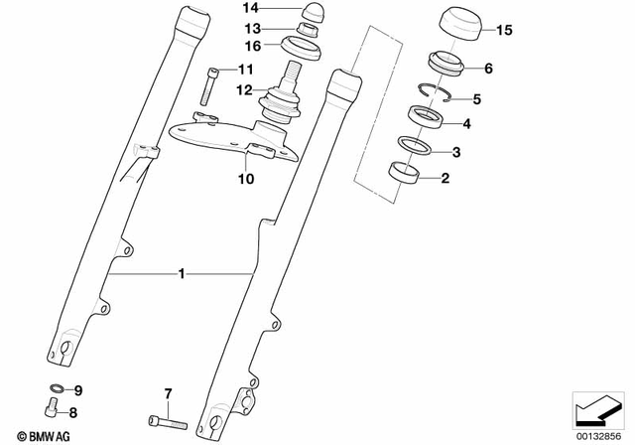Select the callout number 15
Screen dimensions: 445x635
tap(504, 31)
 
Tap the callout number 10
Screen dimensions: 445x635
tap(245, 180)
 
